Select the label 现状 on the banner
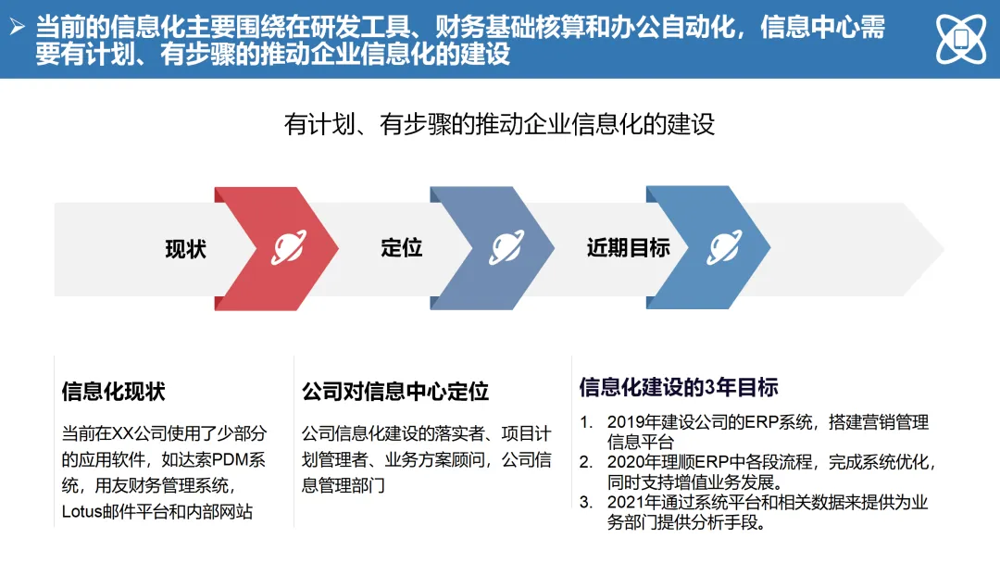186,248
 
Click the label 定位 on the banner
401,248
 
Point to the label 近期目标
628,248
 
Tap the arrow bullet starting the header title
17,28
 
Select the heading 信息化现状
113,391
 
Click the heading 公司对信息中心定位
395,391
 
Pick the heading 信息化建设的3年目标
679,386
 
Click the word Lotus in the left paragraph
81,511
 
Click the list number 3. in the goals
586,503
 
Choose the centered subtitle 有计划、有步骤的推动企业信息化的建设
500,124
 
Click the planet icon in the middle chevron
506,247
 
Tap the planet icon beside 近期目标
724,247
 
